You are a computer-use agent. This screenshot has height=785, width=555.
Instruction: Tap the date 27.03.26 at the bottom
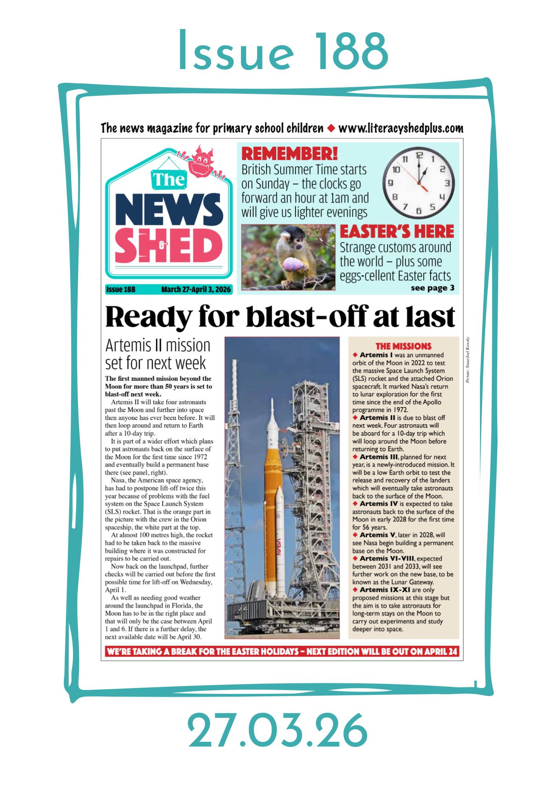pos(277,730)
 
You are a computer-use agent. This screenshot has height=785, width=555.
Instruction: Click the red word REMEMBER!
pos(289,153)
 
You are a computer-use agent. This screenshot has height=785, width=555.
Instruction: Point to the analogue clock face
pos(418,183)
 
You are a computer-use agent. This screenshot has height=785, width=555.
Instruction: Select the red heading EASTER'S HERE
pos(397,232)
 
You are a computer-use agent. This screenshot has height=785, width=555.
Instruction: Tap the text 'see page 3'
pos(432,288)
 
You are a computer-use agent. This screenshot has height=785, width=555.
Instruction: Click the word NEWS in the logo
pos(169,209)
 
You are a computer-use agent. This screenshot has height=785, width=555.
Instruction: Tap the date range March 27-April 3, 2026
pos(196,290)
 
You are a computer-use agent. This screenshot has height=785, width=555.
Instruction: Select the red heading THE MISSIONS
pos(403,346)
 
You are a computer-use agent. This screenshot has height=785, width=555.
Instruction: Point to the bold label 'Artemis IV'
pos(378,504)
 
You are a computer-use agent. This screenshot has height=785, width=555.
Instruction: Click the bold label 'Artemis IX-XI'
pos(385,590)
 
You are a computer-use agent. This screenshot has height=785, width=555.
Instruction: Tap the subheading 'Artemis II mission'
pos(158,345)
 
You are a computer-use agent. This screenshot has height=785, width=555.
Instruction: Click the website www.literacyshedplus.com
pos(400,128)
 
